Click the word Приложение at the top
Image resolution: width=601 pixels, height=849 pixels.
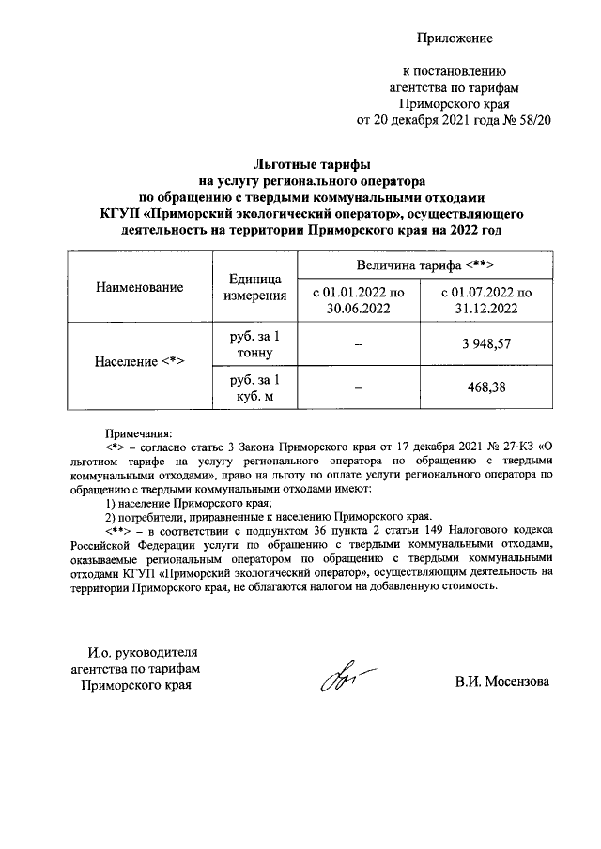(x=455, y=38)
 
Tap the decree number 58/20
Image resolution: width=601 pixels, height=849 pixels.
(x=532, y=121)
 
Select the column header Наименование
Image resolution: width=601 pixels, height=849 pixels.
(x=139, y=288)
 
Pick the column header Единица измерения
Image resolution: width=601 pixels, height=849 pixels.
(x=255, y=288)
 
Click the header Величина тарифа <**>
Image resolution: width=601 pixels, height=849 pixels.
(x=418, y=265)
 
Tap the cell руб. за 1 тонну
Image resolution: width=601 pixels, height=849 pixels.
(x=249, y=345)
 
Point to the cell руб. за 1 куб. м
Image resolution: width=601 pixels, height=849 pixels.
(x=249, y=388)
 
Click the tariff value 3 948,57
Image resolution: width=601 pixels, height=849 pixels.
(x=485, y=345)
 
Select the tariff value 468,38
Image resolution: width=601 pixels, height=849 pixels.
(x=485, y=388)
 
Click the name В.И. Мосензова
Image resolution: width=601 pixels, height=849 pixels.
(x=502, y=681)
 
